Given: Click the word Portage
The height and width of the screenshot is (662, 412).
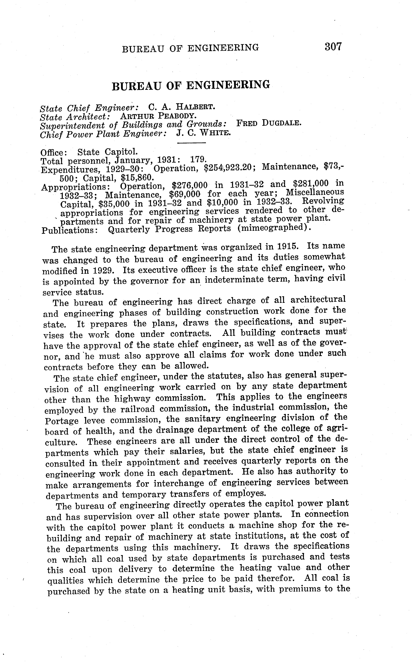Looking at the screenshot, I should coord(62,421).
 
